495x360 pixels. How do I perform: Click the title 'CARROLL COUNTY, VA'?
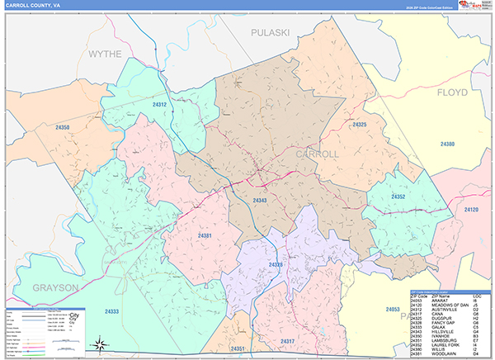click(x=34, y=6)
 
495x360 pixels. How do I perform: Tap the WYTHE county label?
click(x=104, y=54)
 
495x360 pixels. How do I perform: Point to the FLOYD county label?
click(x=452, y=92)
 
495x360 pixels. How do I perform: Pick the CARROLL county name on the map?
click(x=317, y=154)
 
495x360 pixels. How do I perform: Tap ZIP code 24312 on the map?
click(x=159, y=105)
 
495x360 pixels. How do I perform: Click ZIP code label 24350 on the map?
click(x=62, y=128)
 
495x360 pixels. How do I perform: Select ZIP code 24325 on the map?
click(x=358, y=125)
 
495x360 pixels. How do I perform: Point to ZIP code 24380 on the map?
click(x=447, y=144)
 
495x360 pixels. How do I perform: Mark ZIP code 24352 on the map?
click(x=398, y=197)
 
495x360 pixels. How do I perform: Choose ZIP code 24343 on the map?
click(x=260, y=201)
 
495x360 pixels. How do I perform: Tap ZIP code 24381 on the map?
click(x=205, y=237)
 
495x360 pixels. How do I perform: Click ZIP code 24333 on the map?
click(x=111, y=311)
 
